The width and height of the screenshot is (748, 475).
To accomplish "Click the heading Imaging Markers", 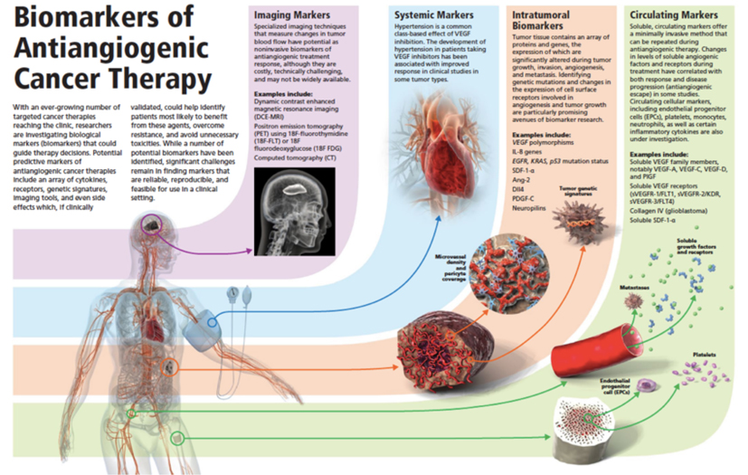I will (292, 15).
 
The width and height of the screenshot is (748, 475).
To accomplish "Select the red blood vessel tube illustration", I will (616, 347).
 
